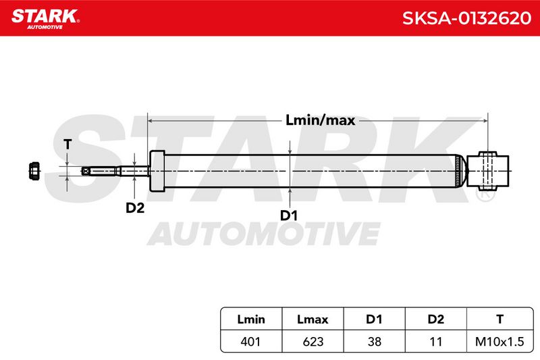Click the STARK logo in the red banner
click(45, 19)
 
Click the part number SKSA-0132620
click(466, 18)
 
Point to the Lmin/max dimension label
click(320, 120)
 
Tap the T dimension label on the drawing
click(67, 145)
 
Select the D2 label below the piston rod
click(134, 208)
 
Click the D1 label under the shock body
click(289, 215)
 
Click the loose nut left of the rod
click(34, 170)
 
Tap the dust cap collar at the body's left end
click(157, 171)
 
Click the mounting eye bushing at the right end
click(487, 171)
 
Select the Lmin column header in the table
click(251, 319)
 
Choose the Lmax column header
click(313, 319)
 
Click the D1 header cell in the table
click(374, 319)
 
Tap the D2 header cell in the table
click(435, 319)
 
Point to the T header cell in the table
click(500, 319)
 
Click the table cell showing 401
click(251, 341)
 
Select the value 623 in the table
click(313, 341)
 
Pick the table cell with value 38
click(374, 341)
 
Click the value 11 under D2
click(435, 341)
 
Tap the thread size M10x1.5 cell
click(500, 341)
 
